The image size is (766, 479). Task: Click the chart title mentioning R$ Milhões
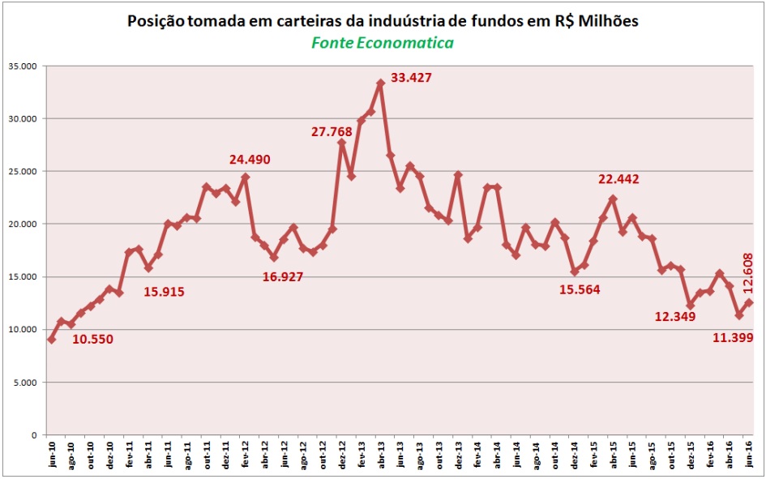[x=383, y=21]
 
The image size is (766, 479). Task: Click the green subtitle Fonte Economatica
[x=383, y=42]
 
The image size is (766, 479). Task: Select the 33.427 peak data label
[x=411, y=78]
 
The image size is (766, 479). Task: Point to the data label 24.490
[x=250, y=160]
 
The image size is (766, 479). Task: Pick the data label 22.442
[x=619, y=179]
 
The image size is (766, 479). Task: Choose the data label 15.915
[x=164, y=291]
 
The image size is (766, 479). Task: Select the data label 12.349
[x=675, y=315]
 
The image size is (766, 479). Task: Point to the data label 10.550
[x=92, y=339]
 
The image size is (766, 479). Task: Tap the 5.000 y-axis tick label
[x=27, y=383]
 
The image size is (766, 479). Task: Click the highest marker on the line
[x=380, y=83]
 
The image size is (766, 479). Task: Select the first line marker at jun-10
[x=52, y=340]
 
